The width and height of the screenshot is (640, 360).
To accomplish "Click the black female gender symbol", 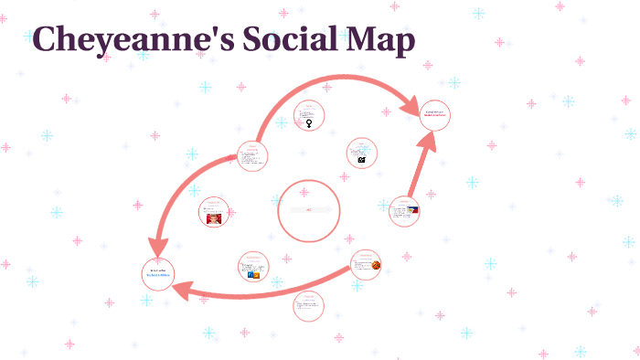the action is [x=310, y=123].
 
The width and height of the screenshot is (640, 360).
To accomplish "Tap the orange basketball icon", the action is [x=376, y=265].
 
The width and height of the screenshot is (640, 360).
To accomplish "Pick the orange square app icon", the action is [x=257, y=274].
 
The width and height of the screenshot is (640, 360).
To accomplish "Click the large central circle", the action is [x=308, y=211].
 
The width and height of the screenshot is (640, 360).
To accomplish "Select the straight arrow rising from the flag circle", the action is [x=419, y=168].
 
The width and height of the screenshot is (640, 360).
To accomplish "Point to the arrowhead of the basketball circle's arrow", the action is [x=183, y=291].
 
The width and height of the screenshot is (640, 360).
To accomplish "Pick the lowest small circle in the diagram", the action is [x=308, y=306].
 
